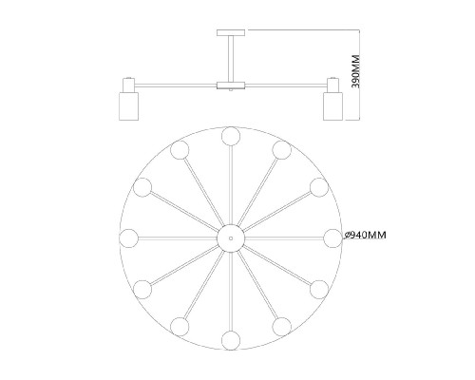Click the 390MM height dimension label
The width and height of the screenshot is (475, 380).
coord(356,71)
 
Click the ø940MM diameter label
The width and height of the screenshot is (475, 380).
coord(366,235)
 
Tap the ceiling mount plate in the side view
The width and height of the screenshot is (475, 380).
coord(231,32)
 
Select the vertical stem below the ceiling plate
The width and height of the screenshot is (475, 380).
coord(231,59)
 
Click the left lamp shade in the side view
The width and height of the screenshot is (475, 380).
coord(128,106)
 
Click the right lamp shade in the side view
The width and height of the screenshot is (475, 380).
coord(332,106)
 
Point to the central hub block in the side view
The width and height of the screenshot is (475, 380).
coord(231,85)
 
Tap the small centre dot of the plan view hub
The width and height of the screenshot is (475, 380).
coord(231,238)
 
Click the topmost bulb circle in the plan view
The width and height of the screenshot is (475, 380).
coord(231,136)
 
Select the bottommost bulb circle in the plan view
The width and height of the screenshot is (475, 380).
coord(231,340)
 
